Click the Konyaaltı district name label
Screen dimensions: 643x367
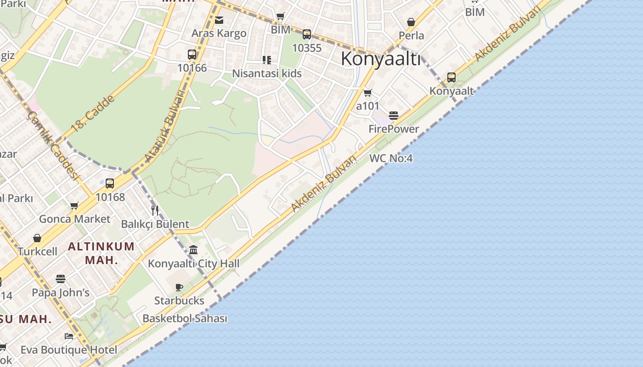[x=381, y=59]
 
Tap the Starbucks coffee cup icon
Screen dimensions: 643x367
[x=179, y=287]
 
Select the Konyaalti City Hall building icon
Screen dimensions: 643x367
[x=193, y=250]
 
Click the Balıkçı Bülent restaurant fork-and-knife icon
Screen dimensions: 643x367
[x=155, y=211]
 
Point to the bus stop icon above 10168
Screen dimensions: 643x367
[x=110, y=183]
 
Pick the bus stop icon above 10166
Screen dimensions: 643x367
[x=192, y=55]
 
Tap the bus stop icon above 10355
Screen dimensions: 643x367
[x=306, y=34]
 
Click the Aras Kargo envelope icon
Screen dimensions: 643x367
[x=219, y=20]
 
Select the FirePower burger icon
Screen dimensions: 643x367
[x=394, y=115]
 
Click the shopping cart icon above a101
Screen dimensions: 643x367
[x=367, y=93]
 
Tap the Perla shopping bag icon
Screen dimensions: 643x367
[x=411, y=22]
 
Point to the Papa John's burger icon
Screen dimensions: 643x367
[x=61, y=278]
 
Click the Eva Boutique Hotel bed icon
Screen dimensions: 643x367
[x=69, y=336]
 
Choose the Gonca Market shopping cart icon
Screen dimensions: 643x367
[x=74, y=206]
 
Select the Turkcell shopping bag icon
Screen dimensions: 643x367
[x=37, y=238]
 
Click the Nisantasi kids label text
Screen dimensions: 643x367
[x=267, y=73]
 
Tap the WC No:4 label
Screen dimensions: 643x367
[x=391, y=159]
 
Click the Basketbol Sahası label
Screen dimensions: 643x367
[x=185, y=318]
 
